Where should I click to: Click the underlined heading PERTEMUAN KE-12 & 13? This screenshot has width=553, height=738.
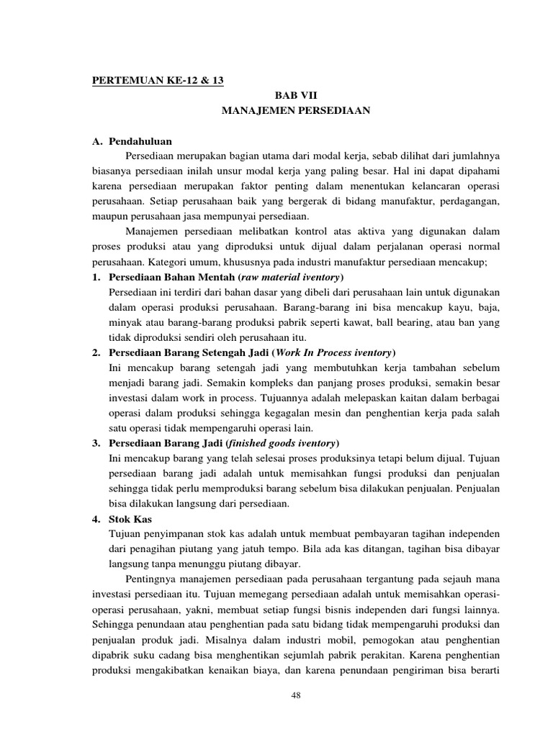tap(158, 81)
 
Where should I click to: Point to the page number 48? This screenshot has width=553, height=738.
tap(295, 694)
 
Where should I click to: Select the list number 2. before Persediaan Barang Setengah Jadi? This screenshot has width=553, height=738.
tap(96, 352)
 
